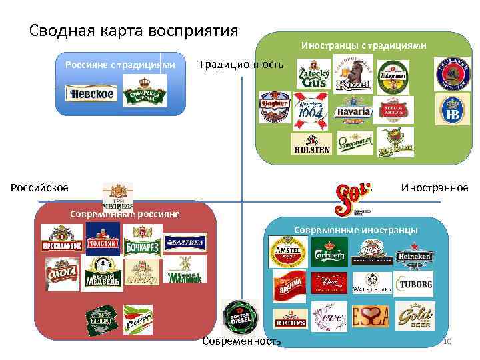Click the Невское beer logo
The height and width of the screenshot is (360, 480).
pos(90,94)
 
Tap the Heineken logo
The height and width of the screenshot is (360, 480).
pos(414,255)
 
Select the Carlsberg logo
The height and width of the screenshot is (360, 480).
pos(329,255)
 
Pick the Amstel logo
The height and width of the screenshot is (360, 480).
pos(288,253)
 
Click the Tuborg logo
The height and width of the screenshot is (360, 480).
pos(415,284)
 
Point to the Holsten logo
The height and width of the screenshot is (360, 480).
pos(310,144)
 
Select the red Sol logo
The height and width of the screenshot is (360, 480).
pos(351,197)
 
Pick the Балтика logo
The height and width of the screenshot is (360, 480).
pos(185,243)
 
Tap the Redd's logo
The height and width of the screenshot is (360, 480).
pos(291,317)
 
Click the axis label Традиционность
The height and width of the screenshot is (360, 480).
pos(241,64)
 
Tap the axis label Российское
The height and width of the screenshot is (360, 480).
pos(39,187)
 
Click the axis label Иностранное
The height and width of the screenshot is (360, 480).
pos(434,187)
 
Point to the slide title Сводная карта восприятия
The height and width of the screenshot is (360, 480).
pos(134,31)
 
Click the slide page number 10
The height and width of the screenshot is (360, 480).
pos(447,342)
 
